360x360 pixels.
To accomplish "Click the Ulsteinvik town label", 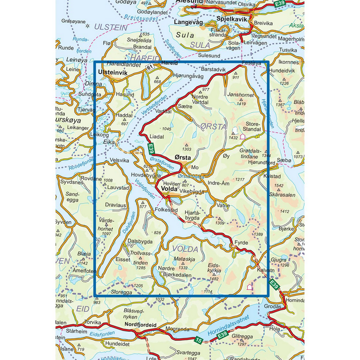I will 113,72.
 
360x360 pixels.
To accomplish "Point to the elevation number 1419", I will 241,104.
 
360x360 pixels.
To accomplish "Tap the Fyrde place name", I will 241,243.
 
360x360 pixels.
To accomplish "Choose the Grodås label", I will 274,306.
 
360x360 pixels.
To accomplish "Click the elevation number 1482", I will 213,279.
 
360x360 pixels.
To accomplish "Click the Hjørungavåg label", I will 188,77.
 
